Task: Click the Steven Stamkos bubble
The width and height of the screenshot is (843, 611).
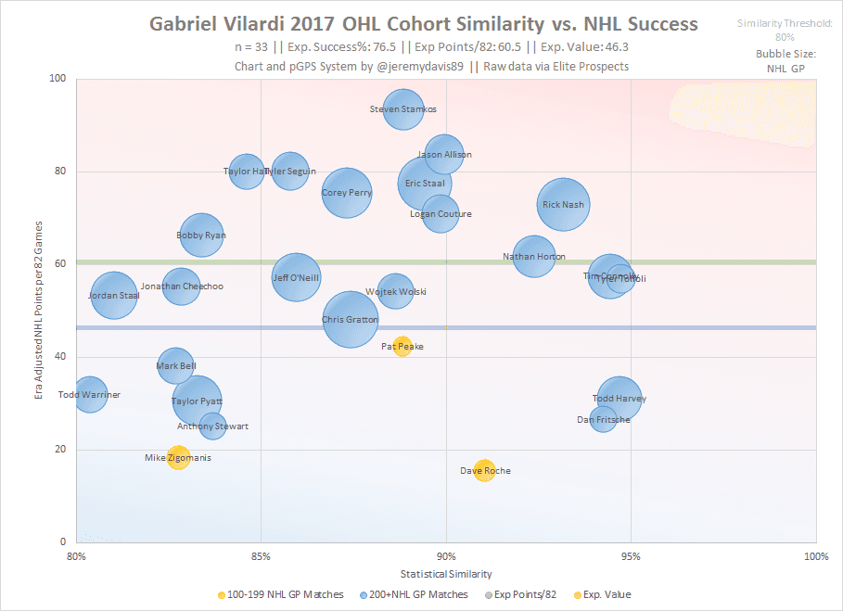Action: [402, 109]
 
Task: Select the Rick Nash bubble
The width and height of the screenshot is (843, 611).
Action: [563, 205]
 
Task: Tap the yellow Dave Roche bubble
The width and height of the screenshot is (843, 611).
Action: [484, 471]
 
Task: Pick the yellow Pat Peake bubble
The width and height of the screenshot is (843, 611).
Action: [402, 347]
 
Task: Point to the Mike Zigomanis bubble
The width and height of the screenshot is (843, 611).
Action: [178, 457]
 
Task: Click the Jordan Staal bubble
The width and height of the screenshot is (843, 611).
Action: [113, 296]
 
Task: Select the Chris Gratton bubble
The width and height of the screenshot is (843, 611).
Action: [350, 319]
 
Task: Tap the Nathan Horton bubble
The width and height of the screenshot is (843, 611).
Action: [533, 257]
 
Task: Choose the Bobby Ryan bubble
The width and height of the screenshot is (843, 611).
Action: [201, 235]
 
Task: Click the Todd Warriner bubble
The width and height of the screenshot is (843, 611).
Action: [90, 395]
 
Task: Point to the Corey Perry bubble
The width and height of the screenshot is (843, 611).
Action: [347, 193]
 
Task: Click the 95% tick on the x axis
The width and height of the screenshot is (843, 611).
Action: [631, 556]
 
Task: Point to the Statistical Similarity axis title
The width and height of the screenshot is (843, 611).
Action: [445, 574]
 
